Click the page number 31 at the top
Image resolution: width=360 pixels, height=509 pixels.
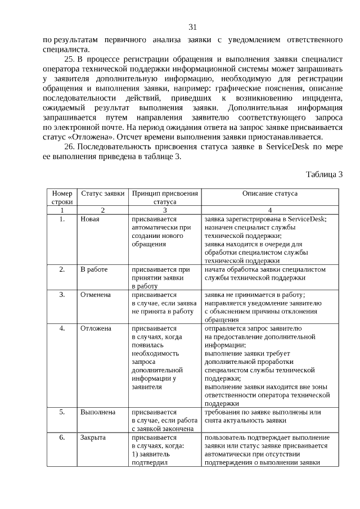[x=192, y=26]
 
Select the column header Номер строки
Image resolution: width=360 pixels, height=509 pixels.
[x=62, y=197]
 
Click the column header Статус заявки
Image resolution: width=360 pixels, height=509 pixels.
[x=102, y=193]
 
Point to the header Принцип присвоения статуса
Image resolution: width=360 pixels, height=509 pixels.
[x=165, y=197]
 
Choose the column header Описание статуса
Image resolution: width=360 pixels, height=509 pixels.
[x=270, y=193]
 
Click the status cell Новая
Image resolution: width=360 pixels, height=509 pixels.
[x=90, y=218]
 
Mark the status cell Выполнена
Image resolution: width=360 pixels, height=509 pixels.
[x=98, y=412]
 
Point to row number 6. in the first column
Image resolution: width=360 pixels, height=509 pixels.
[x=62, y=437]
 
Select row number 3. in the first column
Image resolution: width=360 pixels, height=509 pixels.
[x=62, y=294]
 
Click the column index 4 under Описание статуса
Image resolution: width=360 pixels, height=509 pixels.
[x=270, y=209]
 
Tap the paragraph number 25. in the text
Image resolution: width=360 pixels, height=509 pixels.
[x=71, y=59]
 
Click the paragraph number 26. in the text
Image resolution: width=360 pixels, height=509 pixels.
[x=71, y=147]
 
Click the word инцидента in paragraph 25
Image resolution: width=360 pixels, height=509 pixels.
[x=322, y=98]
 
